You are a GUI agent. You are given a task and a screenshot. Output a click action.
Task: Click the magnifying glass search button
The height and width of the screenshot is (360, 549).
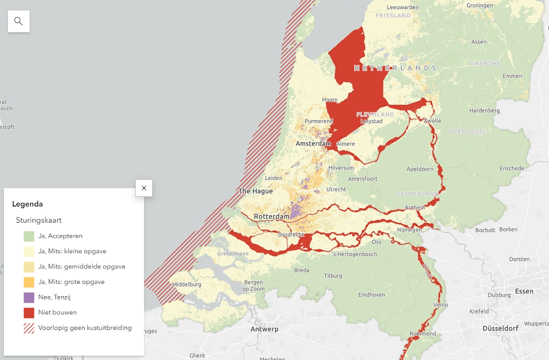[19, 21]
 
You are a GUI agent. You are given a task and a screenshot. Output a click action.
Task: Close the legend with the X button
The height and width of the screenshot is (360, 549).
[144, 188]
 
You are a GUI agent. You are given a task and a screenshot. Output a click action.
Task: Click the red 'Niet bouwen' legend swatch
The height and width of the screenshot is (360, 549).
[29, 313]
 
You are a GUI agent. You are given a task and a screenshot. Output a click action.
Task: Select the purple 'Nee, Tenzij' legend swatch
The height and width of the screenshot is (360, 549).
[29, 297]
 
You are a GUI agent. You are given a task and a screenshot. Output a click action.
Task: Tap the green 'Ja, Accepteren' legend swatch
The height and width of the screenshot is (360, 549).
[29, 236]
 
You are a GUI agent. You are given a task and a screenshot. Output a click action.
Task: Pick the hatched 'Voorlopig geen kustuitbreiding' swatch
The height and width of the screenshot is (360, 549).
[29, 328]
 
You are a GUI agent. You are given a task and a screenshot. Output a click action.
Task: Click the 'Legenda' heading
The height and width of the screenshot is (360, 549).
[27, 204]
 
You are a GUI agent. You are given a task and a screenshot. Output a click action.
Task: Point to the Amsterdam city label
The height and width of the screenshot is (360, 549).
[313, 144]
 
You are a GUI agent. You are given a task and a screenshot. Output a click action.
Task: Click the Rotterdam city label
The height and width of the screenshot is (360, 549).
[272, 216]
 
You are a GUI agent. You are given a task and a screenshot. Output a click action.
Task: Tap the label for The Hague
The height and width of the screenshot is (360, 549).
[255, 191]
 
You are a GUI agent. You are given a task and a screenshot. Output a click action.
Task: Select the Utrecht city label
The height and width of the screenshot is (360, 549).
[336, 189]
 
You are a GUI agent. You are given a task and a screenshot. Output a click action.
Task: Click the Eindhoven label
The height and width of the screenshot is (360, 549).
[372, 295]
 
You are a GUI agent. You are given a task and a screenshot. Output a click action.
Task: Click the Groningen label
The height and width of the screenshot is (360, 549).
[479, 5]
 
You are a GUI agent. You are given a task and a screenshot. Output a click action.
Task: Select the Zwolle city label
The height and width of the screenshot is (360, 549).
[432, 121]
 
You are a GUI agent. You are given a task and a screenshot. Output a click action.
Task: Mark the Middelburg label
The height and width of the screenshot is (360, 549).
[187, 284]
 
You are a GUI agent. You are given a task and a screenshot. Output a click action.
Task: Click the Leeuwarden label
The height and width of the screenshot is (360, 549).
[403, 7]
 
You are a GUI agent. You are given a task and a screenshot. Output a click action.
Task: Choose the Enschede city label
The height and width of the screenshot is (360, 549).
[511, 168]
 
